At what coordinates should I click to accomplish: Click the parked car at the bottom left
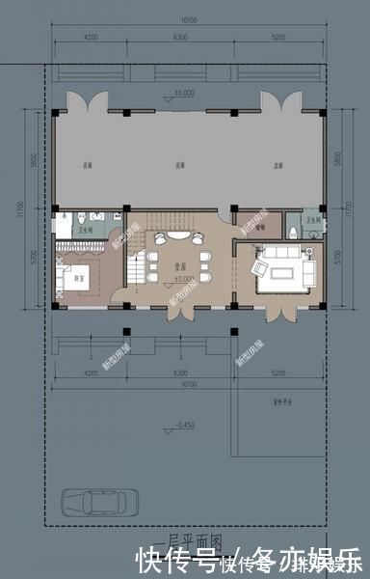pyautogui.click(x=99, y=503)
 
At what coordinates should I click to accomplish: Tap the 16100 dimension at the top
pyautogui.click(x=187, y=18)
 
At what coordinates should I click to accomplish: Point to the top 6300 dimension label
pyautogui.click(x=179, y=38)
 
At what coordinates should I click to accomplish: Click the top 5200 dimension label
pyautogui.click(x=277, y=38)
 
